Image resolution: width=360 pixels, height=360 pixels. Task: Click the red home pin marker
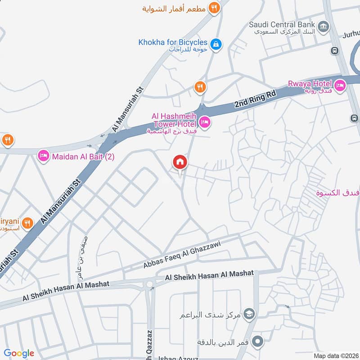pyautogui.click(x=180, y=162)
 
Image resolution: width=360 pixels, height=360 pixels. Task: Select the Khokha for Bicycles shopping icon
pyautogui.click(x=216, y=44)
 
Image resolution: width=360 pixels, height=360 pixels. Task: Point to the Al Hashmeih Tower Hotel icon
pyautogui.click(x=205, y=122)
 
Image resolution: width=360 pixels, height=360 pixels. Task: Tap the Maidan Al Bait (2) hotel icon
pyautogui.click(x=44, y=156)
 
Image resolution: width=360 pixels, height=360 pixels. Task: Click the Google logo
pyautogui.click(x=19, y=353)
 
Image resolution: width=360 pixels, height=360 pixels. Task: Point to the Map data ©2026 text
pyautogui.click(x=335, y=355)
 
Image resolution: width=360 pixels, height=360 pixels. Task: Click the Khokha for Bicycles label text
pyautogui.click(x=173, y=43)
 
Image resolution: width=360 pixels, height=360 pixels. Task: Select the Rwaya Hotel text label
pyautogui.click(x=310, y=83)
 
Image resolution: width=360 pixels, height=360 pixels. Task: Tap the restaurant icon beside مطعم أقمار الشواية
pyautogui.click(x=214, y=8)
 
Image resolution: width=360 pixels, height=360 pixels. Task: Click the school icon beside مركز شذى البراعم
pyautogui.click(x=250, y=314)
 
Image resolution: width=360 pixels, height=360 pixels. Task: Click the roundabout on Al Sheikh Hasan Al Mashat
pyautogui.click(x=149, y=284)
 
